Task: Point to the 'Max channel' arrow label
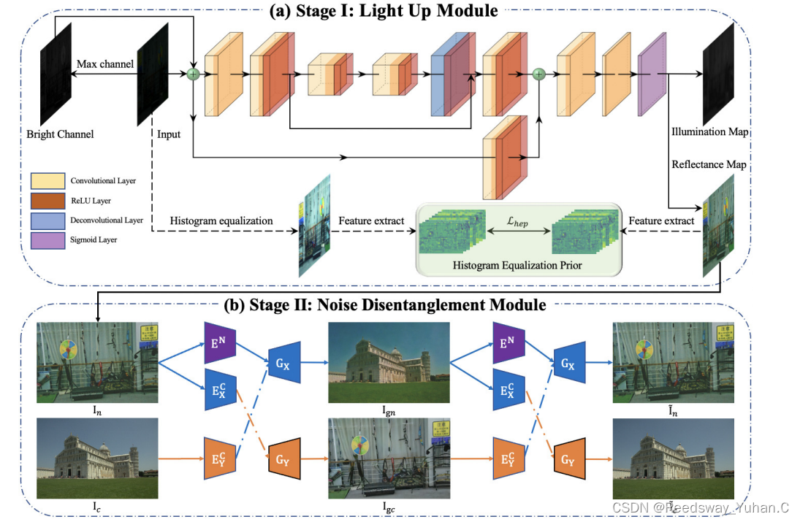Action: (x=105, y=64)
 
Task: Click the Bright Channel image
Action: (x=56, y=73)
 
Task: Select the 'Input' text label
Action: (x=168, y=134)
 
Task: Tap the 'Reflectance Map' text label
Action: (x=709, y=164)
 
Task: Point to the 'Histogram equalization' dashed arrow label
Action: (x=220, y=220)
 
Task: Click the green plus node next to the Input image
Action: (x=193, y=74)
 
